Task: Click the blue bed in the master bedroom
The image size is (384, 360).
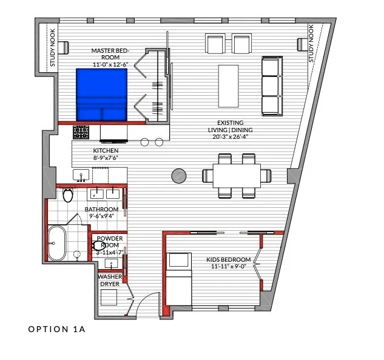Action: [101, 95]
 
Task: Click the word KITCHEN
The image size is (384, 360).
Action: [106, 150]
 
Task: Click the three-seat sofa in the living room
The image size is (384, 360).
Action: [272, 86]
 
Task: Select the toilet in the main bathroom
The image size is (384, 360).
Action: [67, 195]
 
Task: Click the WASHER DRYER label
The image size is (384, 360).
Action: [110, 280]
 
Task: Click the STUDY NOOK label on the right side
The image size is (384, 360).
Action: [311, 44]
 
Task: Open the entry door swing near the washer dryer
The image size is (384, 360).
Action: [143, 308]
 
